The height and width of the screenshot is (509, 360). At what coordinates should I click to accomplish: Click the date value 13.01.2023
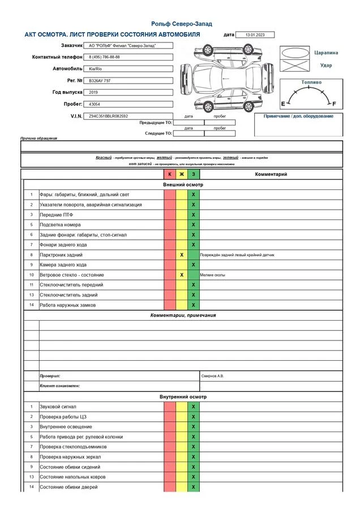coord(254,35)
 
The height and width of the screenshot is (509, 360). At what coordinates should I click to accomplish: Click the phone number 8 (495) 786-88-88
coord(105,57)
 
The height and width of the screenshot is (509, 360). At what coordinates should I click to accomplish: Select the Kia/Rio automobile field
coord(96,68)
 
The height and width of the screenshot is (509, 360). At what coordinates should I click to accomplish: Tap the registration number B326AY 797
coord(100,81)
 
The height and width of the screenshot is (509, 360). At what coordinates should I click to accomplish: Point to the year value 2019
coord(93,92)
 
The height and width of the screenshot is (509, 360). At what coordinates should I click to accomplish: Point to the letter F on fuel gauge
coord(334,104)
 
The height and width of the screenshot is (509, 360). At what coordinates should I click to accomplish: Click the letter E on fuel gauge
coord(283,104)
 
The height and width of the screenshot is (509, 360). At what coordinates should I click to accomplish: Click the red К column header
coord(170,174)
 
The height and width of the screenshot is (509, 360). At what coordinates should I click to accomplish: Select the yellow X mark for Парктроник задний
coord(182,255)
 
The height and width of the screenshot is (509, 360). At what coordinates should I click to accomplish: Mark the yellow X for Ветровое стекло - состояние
coord(182,275)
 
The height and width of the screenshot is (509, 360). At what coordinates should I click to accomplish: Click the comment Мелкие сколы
coord(213,275)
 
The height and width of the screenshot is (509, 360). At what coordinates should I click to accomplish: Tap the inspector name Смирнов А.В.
coord(213,376)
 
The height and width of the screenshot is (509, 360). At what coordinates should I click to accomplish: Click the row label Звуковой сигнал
coord(58,407)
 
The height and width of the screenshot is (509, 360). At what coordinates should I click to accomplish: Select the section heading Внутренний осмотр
coord(183,396)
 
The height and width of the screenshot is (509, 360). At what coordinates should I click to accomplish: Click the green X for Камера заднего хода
coord(194,265)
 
